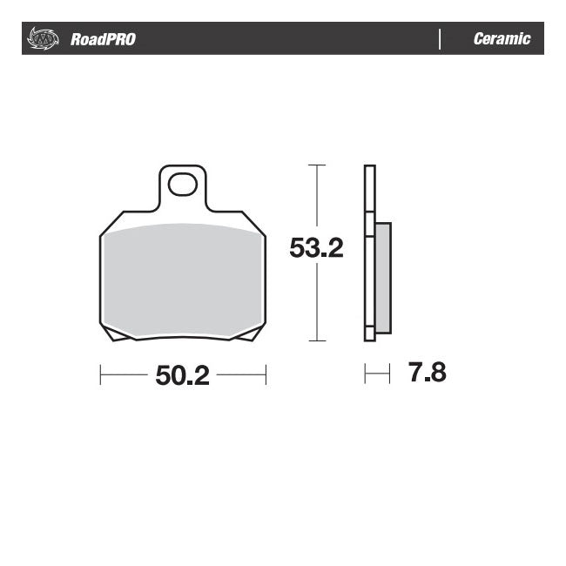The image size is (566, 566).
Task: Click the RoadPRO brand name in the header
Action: pyautogui.click(x=103, y=39)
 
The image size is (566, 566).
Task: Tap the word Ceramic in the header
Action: pyautogui.click(x=502, y=39)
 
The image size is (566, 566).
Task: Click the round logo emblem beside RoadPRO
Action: pyautogui.click(x=42, y=39)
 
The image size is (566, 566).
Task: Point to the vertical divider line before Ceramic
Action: pyautogui.click(x=440, y=39)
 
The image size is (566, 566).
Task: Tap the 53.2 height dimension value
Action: pyautogui.click(x=317, y=249)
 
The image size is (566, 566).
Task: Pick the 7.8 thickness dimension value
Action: pyautogui.click(x=427, y=374)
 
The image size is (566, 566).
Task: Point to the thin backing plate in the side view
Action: pyautogui.click(x=369, y=253)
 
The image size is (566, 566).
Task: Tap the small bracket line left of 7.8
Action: pyautogui.click(x=376, y=374)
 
